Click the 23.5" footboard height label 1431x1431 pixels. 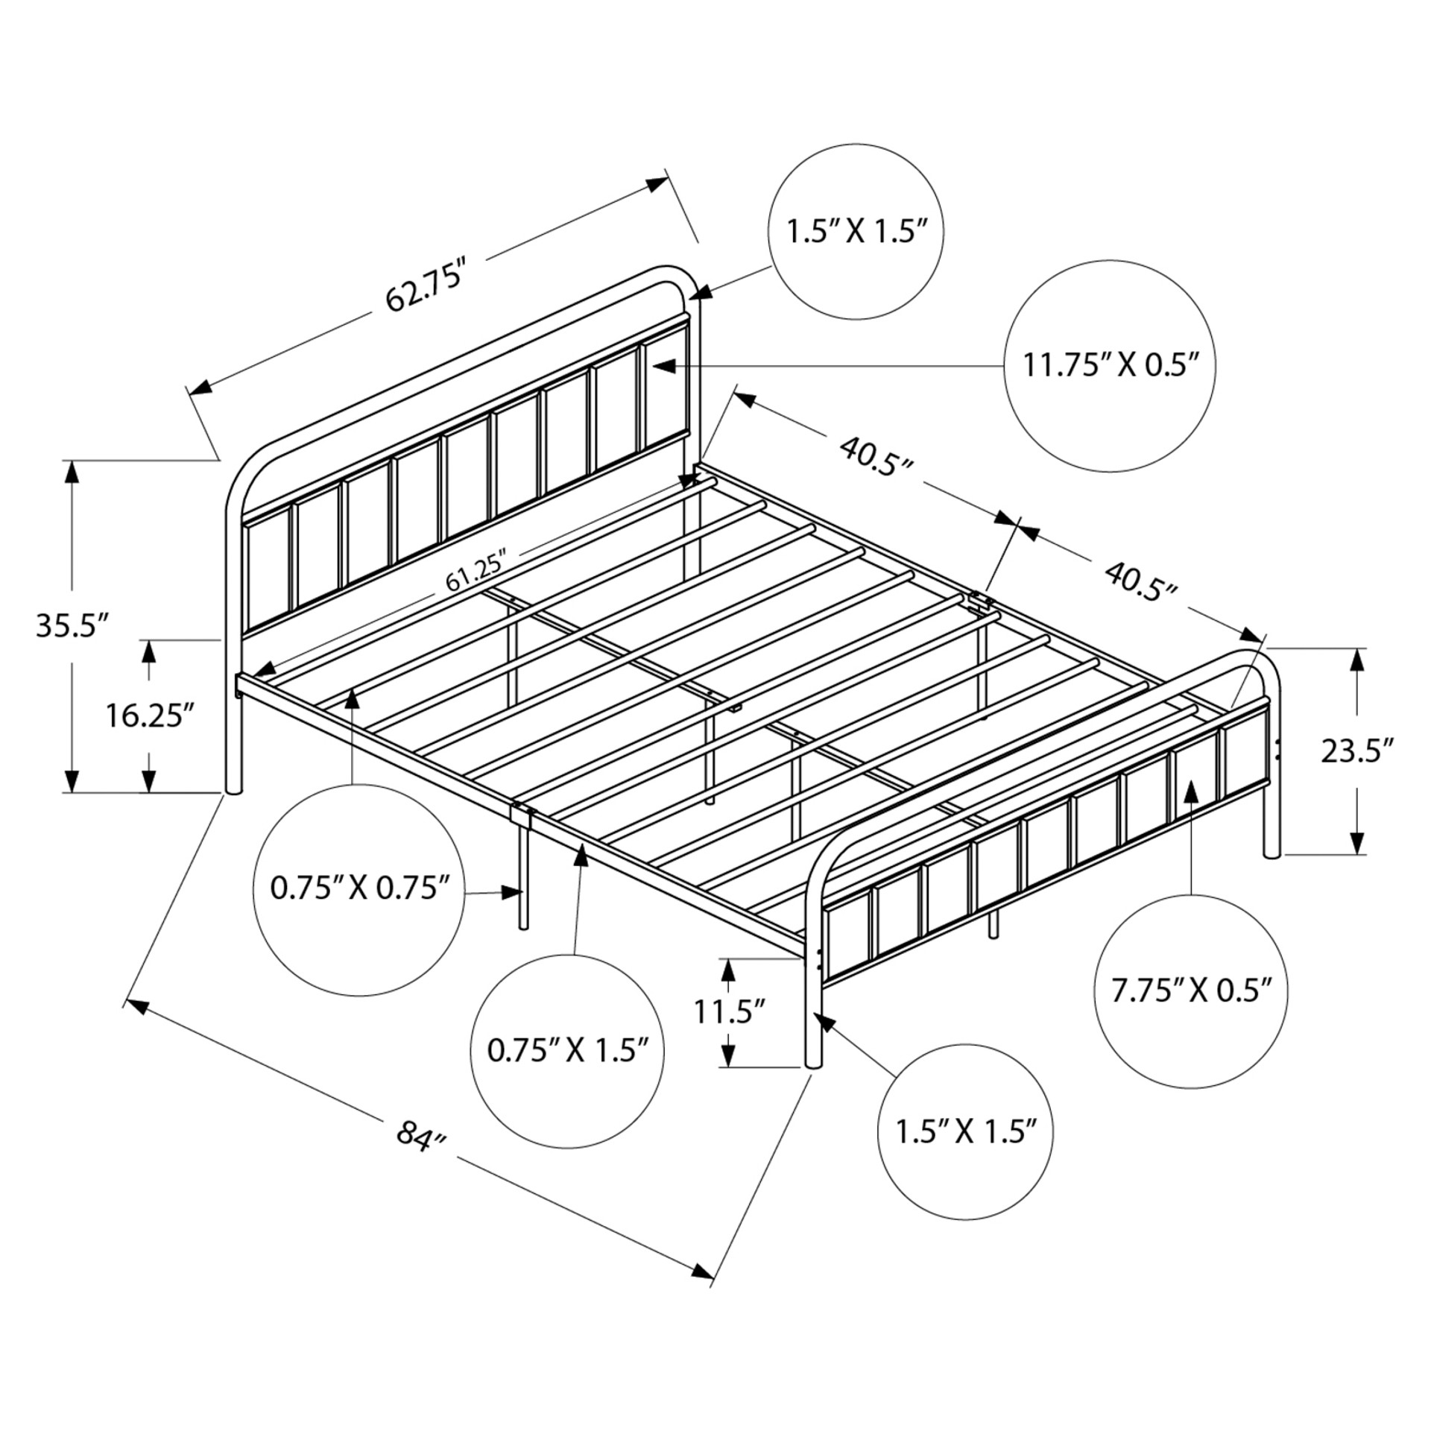pos(1358,751)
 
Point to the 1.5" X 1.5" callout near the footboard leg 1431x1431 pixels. pos(966,1131)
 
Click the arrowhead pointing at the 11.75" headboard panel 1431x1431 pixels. pos(663,366)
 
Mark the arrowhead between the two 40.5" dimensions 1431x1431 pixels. pos(1017,525)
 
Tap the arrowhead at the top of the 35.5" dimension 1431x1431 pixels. pos(72,471)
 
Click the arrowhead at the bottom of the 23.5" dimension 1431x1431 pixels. pos(1358,844)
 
